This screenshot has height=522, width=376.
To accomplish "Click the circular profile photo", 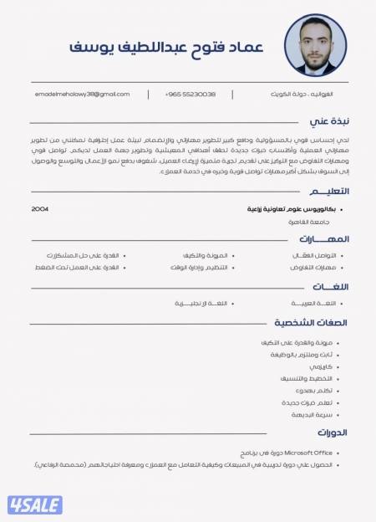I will (x=315, y=46).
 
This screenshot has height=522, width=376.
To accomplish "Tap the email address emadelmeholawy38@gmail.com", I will (x=83, y=95).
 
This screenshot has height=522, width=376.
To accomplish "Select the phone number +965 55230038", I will (x=190, y=95).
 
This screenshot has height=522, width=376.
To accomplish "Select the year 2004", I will (x=40, y=208).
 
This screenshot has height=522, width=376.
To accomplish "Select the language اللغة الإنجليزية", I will (x=196, y=303).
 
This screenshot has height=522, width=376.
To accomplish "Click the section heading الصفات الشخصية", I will (x=311, y=322).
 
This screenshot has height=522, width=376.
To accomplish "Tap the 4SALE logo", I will (x=35, y=504).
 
